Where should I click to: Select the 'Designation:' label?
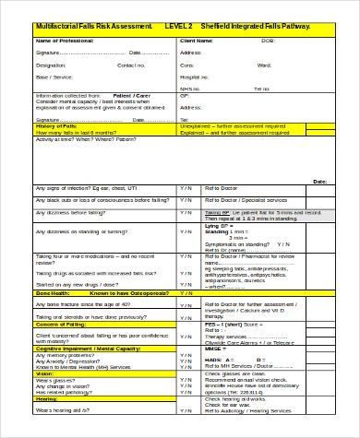(x=51, y=66)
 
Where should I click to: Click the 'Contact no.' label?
(x=131, y=66)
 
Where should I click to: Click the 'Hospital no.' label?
(x=195, y=78)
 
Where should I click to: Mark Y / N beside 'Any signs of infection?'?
(x=186, y=187)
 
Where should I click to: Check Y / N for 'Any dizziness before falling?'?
(x=186, y=211)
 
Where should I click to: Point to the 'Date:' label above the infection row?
(x=319, y=182)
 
